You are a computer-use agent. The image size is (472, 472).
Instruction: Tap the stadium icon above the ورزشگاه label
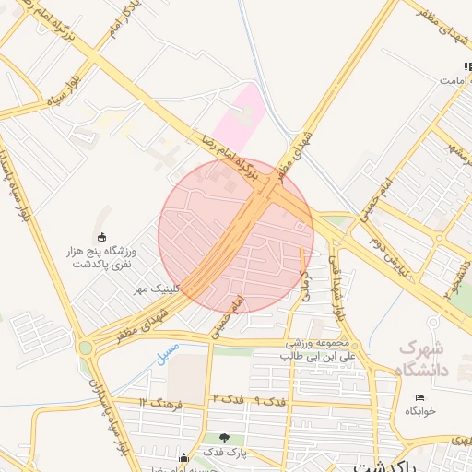point(100,236)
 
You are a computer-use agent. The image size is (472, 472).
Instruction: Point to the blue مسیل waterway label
point(168,353)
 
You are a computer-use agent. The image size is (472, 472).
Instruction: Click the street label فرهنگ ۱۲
point(162,403)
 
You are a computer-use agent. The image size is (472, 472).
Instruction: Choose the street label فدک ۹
point(269,401)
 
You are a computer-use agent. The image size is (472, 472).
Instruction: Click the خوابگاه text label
point(419,411)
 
